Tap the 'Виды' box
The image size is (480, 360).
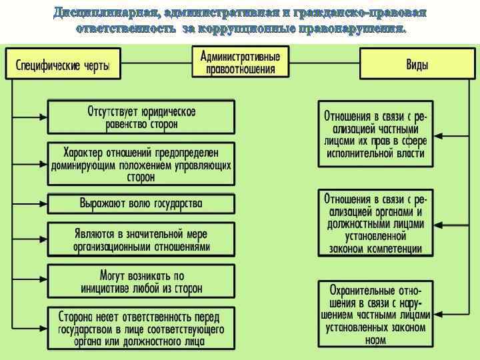click(x=418, y=65)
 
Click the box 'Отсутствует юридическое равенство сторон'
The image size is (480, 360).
click(x=141, y=117)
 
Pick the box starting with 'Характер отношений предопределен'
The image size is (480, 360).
click(x=141, y=163)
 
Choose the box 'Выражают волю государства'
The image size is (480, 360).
click(x=141, y=203)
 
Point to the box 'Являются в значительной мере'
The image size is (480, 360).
click(x=141, y=239)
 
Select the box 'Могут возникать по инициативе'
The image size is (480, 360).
click(x=141, y=281)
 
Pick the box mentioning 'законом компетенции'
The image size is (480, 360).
click(x=375, y=223)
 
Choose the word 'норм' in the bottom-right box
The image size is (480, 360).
click(x=375, y=340)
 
